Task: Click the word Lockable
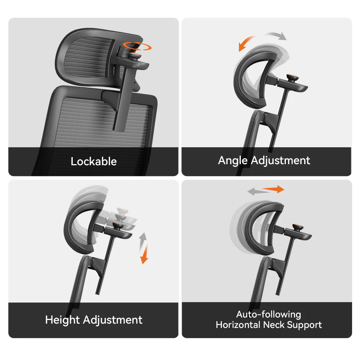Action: (x=94, y=161)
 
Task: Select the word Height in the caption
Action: (x=63, y=320)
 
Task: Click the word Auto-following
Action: (x=269, y=314)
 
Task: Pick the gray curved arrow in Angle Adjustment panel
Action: (x=276, y=35)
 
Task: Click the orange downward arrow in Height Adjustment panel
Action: (x=145, y=254)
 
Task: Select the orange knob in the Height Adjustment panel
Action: (x=118, y=226)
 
